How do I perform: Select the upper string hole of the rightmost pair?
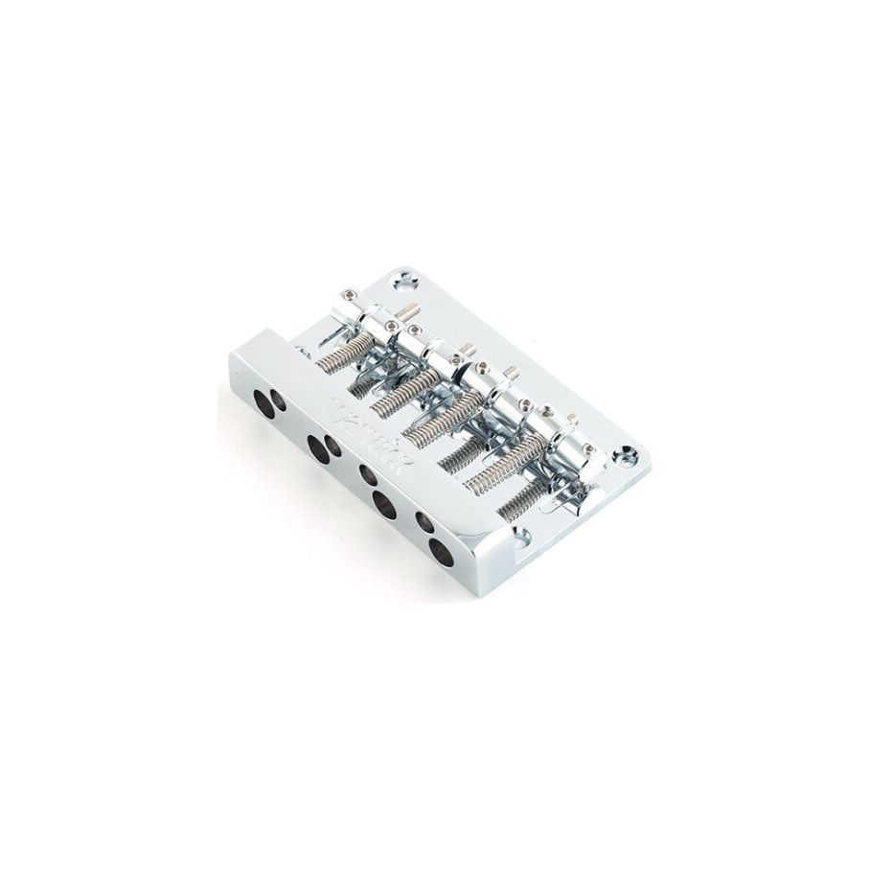coord(424,522)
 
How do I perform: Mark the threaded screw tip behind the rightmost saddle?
coord(571,419)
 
